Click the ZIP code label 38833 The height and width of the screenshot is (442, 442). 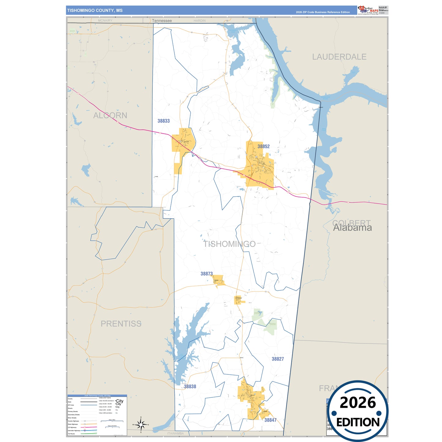coord(163,121)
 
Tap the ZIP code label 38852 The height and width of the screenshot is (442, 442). coord(263,147)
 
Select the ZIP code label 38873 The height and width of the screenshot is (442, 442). coord(206,274)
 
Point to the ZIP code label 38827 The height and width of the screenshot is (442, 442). coord(278,359)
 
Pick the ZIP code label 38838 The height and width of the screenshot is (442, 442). coord(190,387)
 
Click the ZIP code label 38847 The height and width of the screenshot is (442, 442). coord(270,420)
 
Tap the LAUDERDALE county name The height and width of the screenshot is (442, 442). coord(339,57)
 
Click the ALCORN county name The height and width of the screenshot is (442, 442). coord(110,115)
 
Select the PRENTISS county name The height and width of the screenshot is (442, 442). coord(121,324)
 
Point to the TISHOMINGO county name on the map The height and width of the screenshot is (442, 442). coord(229,244)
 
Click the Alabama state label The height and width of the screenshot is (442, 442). coord(352,228)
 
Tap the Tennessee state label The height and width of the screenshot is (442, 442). coord(162,21)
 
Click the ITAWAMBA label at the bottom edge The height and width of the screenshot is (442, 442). coord(176,433)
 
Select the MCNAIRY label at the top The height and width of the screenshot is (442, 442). coord(105,20)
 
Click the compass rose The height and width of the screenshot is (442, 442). coord(141,425)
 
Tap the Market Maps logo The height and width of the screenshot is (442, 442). coord(368,10)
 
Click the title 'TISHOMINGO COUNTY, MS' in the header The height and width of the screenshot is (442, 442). coord(95,10)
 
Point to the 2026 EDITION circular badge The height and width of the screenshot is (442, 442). coord(358,411)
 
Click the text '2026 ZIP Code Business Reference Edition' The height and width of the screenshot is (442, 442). coord(323,12)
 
